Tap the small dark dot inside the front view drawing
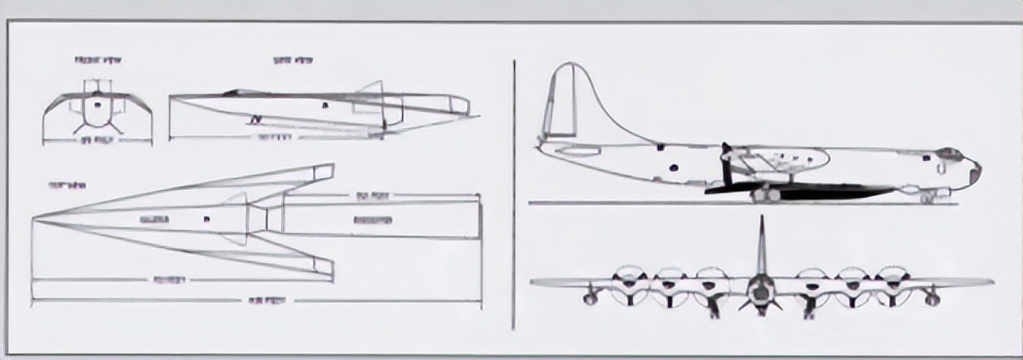[97, 105]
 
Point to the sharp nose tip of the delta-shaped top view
[33, 220]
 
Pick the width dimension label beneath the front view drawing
[97, 140]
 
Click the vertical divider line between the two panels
[513, 193]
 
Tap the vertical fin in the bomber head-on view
[761, 247]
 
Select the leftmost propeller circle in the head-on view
[627, 285]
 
